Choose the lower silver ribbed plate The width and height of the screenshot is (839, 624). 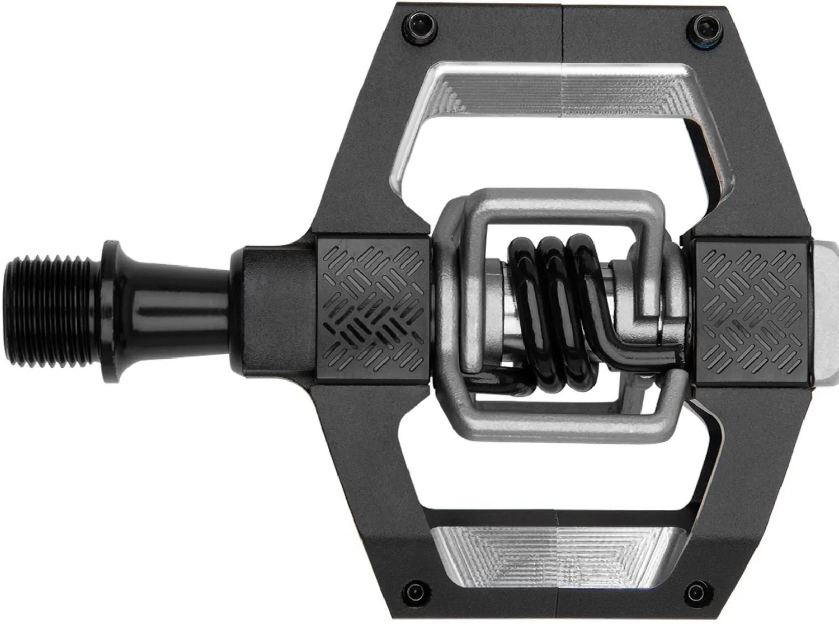[x=554, y=554]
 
